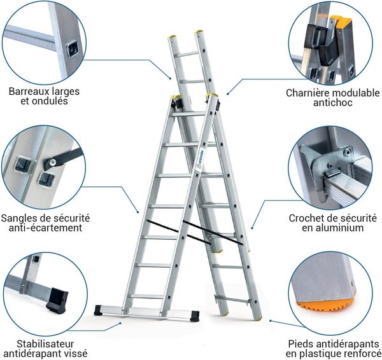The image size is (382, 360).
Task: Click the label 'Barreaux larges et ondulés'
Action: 44,95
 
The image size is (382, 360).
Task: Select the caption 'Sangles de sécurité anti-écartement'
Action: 46,222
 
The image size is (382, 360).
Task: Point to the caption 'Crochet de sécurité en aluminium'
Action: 334,222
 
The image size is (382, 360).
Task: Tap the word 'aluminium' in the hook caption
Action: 343,228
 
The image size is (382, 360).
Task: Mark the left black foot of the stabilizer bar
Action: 101,311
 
